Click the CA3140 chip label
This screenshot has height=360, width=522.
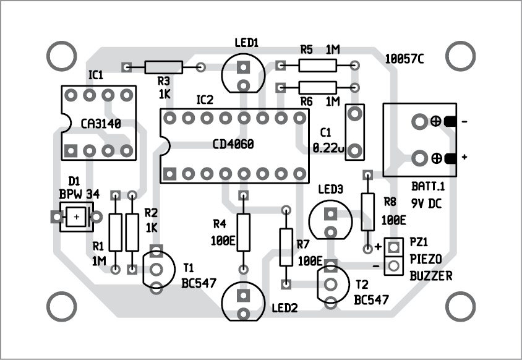coord(100,124)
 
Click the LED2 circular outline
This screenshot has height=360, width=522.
coord(243,301)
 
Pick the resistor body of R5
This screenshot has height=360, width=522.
coord(317,65)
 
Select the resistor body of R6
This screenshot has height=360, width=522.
coord(317,87)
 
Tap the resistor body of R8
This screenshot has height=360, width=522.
coord(367,211)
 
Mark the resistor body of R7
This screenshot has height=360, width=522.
coord(286,247)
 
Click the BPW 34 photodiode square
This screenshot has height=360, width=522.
coord(76,217)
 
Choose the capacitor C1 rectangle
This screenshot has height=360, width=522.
coord(354,131)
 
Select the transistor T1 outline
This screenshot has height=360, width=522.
coord(156,270)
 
